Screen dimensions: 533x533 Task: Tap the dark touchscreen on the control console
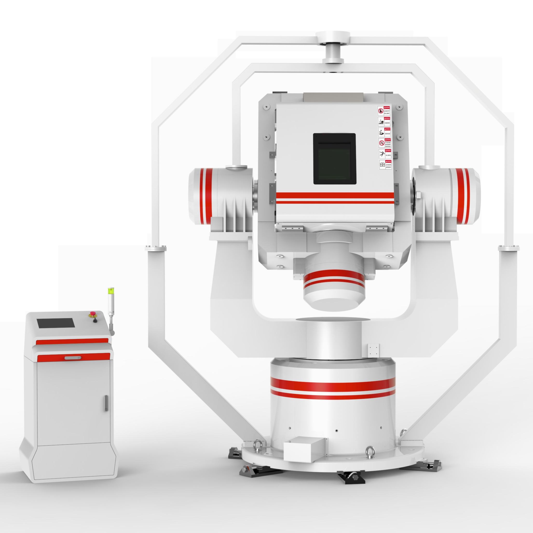(56, 323)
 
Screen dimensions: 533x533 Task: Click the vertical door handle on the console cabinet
(106, 403)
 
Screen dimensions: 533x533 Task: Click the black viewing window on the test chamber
(334, 159)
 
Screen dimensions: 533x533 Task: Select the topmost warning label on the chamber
(384, 111)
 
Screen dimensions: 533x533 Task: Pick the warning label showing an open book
(385, 165)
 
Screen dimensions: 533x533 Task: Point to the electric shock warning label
(385, 154)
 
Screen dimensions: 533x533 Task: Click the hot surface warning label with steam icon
(384, 122)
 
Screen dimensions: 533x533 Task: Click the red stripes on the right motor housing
(463, 196)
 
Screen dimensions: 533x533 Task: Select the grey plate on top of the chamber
(333, 97)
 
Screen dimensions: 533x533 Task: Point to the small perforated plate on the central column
(374, 351)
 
